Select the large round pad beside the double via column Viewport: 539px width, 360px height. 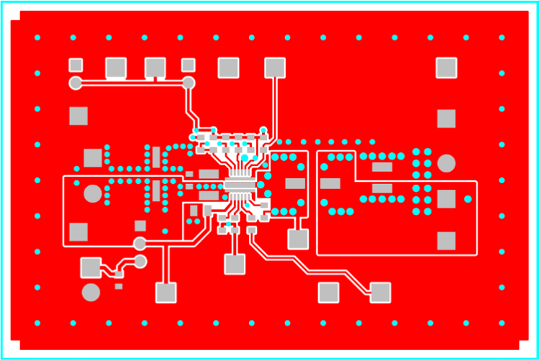447,163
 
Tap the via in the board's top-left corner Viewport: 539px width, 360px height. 38,38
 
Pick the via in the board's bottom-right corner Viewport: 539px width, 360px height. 501,322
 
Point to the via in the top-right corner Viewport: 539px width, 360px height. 501,38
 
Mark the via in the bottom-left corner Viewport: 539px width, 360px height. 38,322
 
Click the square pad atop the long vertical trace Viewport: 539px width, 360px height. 274,68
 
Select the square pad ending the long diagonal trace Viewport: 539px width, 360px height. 380,292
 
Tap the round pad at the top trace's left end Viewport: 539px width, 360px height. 75,83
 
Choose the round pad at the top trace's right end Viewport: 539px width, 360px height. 188,83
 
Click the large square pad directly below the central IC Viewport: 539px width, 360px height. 235,264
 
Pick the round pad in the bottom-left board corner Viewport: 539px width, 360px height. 90,292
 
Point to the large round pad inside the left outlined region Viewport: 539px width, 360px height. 92,193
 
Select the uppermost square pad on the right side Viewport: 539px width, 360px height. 446,68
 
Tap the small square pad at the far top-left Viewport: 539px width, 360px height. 75,65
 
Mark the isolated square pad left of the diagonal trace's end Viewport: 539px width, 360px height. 328,292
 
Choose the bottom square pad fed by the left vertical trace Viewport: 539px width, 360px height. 166,292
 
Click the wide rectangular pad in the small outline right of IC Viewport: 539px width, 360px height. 294,183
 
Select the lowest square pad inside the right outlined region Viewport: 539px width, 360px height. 446,240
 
